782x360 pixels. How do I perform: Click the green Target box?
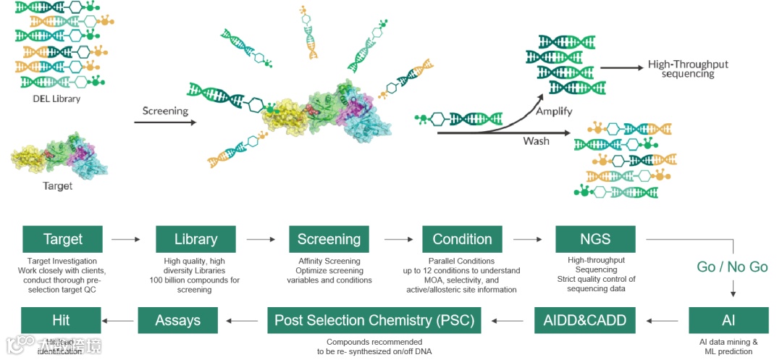click(62, 239)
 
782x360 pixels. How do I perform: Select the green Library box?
click(195, 239)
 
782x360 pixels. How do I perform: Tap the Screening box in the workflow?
click(329, 239)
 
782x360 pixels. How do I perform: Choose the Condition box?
click(462, 239)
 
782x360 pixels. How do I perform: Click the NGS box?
click(595, 239)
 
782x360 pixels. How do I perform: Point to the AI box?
click(728, 320)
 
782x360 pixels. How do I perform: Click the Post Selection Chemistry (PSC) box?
click(374, 320)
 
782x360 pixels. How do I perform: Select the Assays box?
click(177, 320)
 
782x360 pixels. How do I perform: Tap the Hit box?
click(61, 320)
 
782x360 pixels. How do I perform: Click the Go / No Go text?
click(732, 267)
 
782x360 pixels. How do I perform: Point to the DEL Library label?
click(56, 99)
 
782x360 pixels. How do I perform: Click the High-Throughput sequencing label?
click(688, 69)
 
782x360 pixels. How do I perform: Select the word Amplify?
click(554, 112)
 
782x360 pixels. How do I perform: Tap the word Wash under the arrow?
click(536, 141)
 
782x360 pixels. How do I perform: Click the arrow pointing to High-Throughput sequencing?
click(621, 68)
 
